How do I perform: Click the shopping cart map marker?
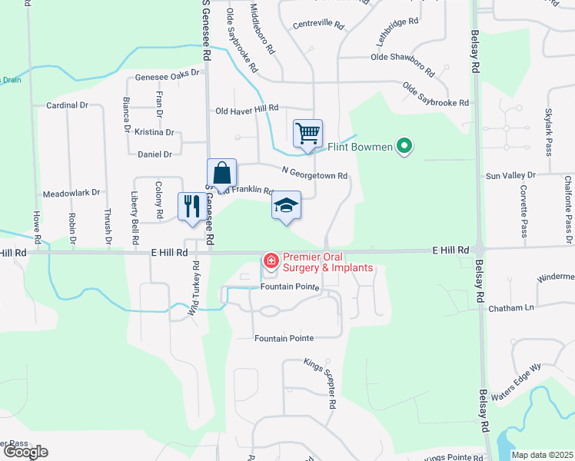pyautogui.click(x=307, y=133)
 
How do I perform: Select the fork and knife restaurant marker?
pyautogui.click(x=192, y=206)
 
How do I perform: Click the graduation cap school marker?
pyautogui.click(x=286, y=205)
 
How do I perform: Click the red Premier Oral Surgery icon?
pyautogui.click(x=271, y=261)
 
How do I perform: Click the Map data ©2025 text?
pyautogui.click(x=543, y=455)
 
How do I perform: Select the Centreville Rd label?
pyautogui.click(x=318, y=24)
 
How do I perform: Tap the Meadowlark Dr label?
pyautogui.click(x=71, y=193)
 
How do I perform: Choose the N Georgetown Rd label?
pyautogui.click(x=314, y=174)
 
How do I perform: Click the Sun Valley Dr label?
pyautogui.click(x=510, y=176)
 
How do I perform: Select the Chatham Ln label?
pyautogui.click(x=511, y=308)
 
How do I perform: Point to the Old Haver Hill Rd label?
pyautogui.click(x=246, y=110)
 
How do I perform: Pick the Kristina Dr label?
pyautogui.click(x=155, y=132)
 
